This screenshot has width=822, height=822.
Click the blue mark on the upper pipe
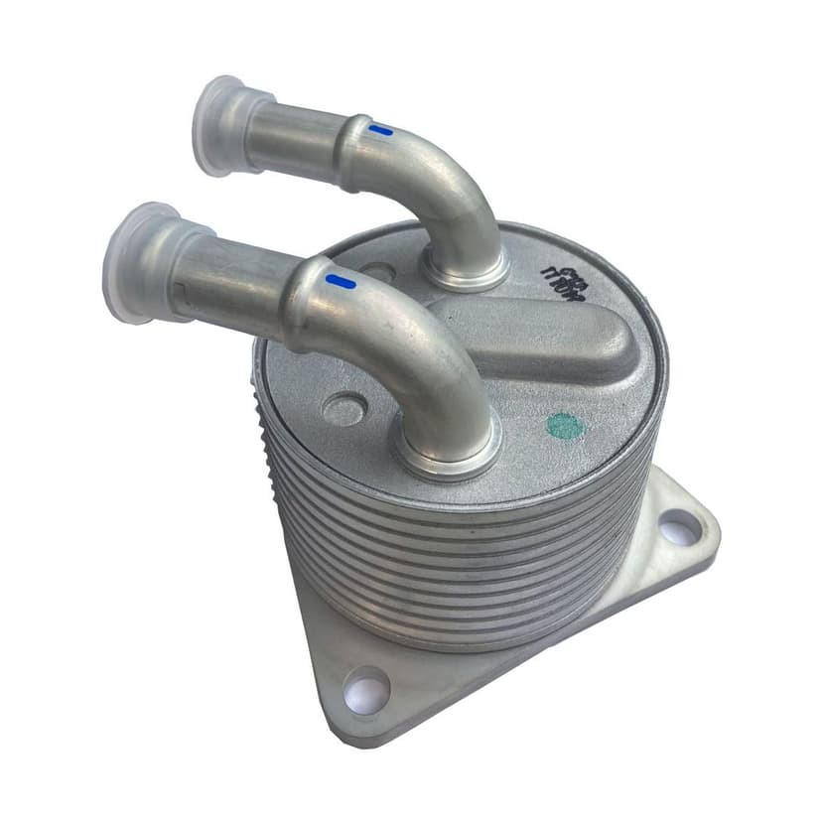tap(380, 129)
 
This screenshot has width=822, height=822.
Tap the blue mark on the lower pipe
tap(341, 282)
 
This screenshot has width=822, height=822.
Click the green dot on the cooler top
tap(565, 426)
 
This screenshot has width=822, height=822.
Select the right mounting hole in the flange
tap(679, 527)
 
